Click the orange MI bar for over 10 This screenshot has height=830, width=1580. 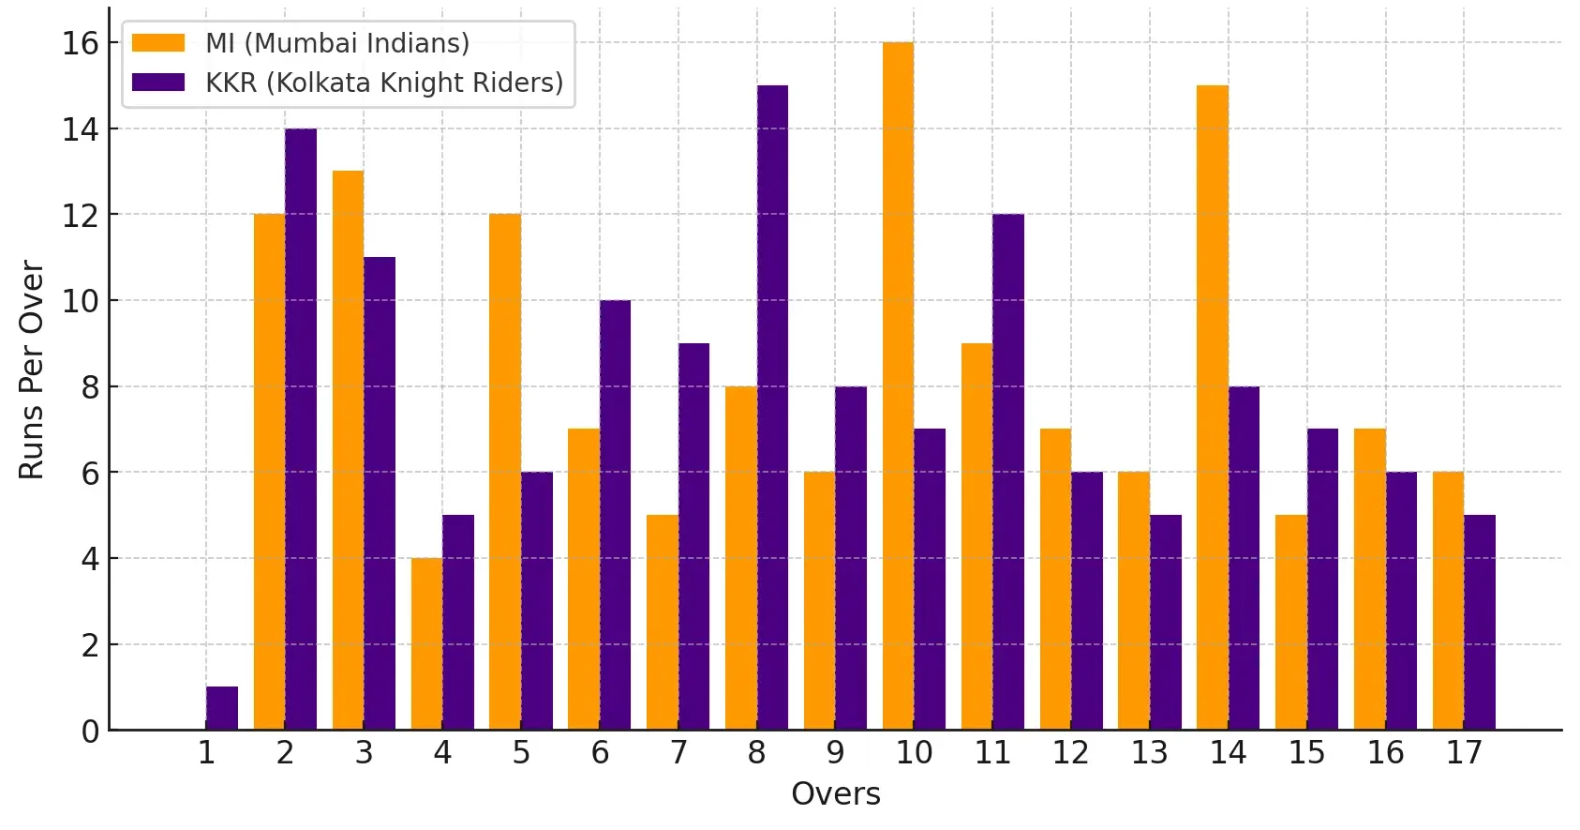898,386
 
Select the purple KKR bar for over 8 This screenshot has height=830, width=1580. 772,408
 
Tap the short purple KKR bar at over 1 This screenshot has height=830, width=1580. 222,708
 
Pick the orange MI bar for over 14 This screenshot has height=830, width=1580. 1212,408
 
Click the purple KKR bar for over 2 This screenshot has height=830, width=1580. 301,430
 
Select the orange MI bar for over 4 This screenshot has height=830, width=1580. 426,644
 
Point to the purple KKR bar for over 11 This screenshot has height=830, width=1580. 1008,473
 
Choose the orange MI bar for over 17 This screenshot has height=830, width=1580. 1448,601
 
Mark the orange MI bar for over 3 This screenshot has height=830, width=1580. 348,451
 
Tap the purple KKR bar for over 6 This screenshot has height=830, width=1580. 615,515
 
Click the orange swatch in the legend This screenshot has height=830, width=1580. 158,43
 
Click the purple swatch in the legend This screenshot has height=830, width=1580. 158,83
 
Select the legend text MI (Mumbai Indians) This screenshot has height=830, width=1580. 337,43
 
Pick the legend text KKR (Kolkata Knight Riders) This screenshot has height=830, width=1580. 384,83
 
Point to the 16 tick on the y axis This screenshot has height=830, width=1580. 81,43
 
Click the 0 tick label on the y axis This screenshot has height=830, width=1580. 90,732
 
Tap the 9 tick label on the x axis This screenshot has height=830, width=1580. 835,752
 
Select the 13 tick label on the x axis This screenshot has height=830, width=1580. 1149,752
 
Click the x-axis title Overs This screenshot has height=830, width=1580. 835,794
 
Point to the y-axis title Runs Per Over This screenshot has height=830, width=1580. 32,370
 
